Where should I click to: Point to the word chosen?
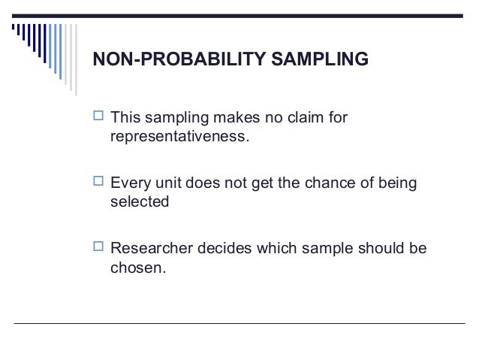click(135, 268)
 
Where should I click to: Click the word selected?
click(140, 203)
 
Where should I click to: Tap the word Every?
click(129, 183)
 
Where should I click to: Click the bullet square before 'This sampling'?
click(98, 118)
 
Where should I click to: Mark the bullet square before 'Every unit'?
click(98, 183)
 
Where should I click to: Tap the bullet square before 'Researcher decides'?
click(98, 247)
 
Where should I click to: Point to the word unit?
click(165, 183)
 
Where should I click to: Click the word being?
click(396, 183)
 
